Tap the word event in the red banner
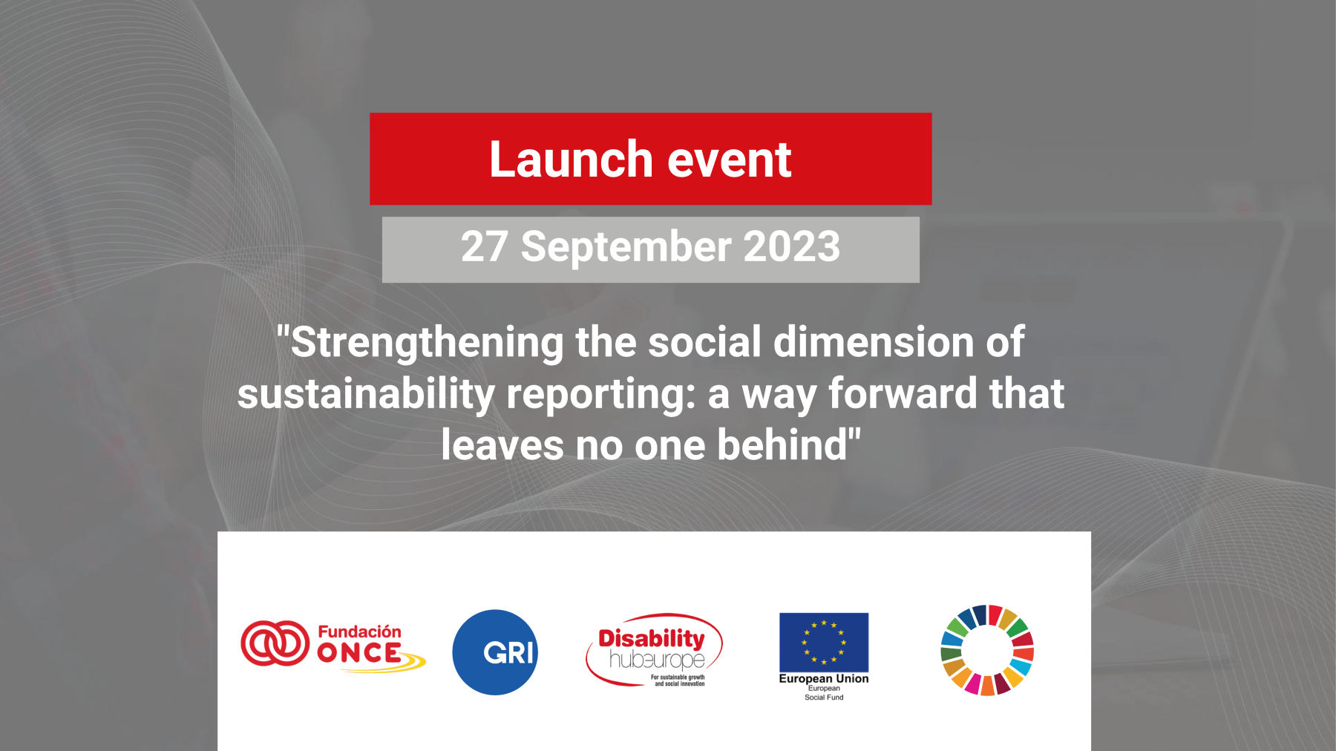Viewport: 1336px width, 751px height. pyautogui.click(x=730, y=160)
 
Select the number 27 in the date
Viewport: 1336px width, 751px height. pyautogui.click(x=485, y=246)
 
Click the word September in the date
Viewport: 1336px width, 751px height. pyautogui.click(x=626, y=248)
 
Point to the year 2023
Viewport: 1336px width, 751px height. pyautogui.click(x=792, y=246)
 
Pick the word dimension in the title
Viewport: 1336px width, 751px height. pyautogui.click(x=874, y=342)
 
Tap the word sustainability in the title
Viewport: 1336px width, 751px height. pyautogui.click(x=366, y=395)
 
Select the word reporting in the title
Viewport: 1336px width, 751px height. pyautogui.click(x=600, y=395)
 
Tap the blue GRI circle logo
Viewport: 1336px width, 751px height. pyautogui.click(x=495, y=652)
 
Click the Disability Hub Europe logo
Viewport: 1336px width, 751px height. pyautogui.click(x=654, y=650)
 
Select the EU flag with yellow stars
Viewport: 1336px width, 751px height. pyautogui.click(x=824, y=642)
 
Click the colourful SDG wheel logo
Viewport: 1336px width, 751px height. pyautogui.click(x=987, y=650)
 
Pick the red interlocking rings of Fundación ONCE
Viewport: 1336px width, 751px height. pyautogui.click(x=275, y=643)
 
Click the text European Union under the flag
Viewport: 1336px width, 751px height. pyautogui.click(x=824, y=678)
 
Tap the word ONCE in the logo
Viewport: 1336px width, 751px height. pyautogui.click(x=359, y=653)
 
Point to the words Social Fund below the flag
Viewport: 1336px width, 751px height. pyautogui.click(x=824, y=698)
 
